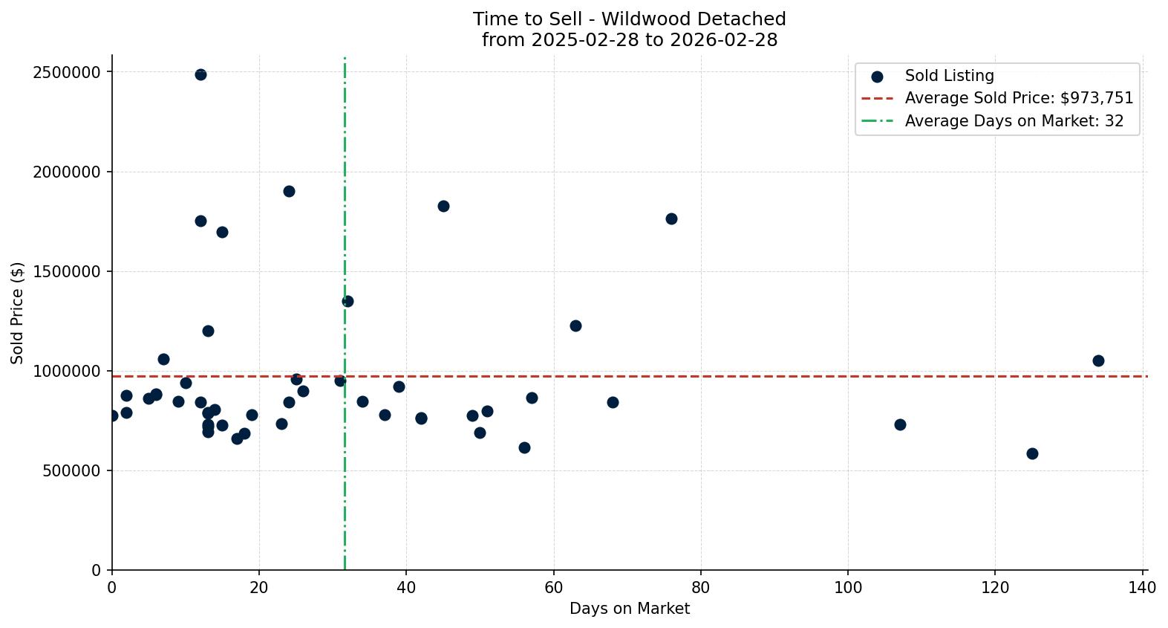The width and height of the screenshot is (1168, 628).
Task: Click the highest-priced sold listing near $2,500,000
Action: pyautogui.click(x=200, y=74)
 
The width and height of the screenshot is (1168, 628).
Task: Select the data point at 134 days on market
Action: pyautogui.click(x=1098, y=360)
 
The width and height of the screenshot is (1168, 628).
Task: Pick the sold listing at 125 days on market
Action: pyautogui.click(x=1032, y=453)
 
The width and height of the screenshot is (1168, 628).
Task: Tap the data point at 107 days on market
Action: pyautogui.click(x=900, y=424)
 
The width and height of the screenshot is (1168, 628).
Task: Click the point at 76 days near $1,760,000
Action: pyautogui.click(x=671, y=218)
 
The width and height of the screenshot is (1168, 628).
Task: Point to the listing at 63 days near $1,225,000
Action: pyautogui.click(x=575, y=326)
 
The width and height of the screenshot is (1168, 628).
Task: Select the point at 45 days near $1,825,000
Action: pyautogui.click(x=443, y=206)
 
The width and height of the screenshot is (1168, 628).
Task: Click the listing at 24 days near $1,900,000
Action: pyautogui.click(x=289, y=191)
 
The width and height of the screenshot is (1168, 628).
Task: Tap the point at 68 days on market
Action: pyautogui.click(x=613, y=402)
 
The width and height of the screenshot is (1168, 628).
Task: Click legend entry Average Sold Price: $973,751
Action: pyautogui.click(x=1019, y=98)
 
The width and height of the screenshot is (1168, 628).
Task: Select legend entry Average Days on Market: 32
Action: pyautogui.click(x=1014, y=121)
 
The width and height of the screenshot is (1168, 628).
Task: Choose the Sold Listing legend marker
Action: pyautogui.click(x=877, y=77)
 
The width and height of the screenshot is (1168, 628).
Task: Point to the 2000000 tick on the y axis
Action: pyautogui.click(x=67, y=172)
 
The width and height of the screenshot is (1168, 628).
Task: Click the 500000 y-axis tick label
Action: pyautogui.click(x=71, y=470)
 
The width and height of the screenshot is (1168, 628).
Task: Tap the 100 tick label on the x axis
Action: pyautogui.click(x=848, y=588)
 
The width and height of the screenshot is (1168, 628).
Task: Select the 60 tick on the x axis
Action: pyautogui.click(x=553, y=588)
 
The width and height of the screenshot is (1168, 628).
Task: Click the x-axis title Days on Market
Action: pyautogui.click(x=629, y=609)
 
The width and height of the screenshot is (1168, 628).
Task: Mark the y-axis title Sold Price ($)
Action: pyautogui.click(x=18, y=313)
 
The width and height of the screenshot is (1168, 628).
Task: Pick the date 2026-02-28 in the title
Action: pyautogui.click(x=723, y=40)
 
